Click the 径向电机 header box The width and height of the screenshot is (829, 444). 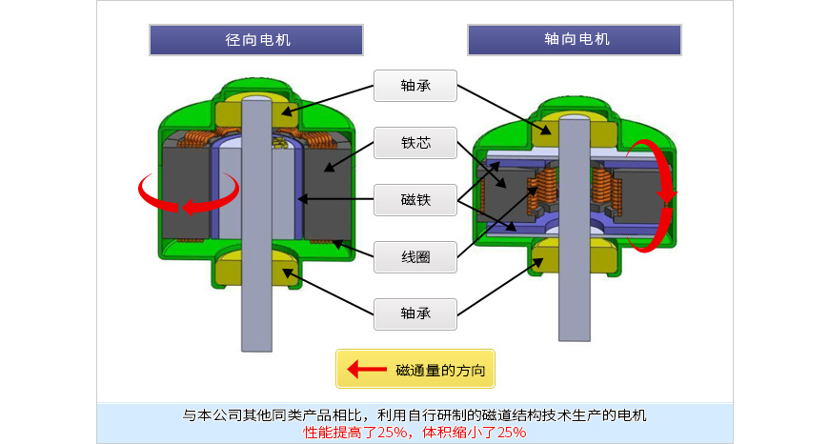[x=256, y=40]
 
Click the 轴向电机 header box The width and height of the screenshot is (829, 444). [x=575, y=40]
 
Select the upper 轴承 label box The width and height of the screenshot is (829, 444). [x=415, y=85]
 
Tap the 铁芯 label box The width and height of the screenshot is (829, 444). [x=415, y=143]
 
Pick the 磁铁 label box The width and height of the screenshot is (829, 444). [x=415, y=200]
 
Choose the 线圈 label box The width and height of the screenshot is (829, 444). [x=415, y=255]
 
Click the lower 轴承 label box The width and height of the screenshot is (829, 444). [x=415, y=313]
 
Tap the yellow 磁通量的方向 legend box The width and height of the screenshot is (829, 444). [x=415, y=369]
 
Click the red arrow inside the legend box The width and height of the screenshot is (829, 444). [x=365, y=369]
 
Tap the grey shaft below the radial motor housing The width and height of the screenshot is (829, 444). [x=256, y=319]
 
